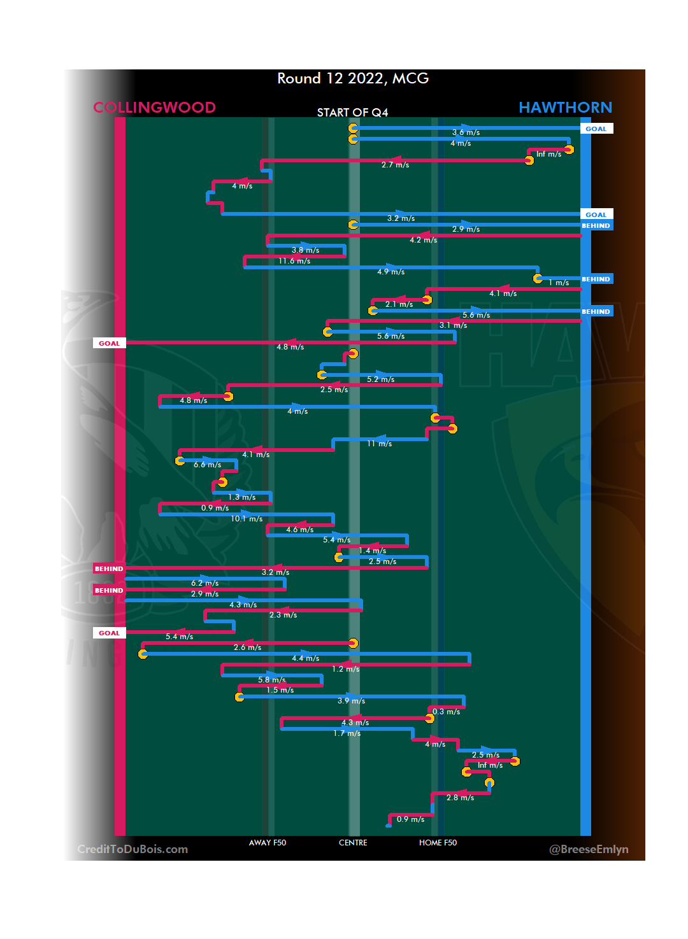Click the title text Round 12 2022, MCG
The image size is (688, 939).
pos(353,78)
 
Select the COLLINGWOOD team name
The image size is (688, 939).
pos(154,108)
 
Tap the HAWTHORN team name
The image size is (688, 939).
pos(565,108)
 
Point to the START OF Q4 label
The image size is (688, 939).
pos(352,113)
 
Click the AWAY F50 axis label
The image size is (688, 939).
pos(268,843)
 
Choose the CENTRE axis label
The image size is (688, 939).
pos(353,843)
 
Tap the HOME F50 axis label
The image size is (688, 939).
pos(438,843)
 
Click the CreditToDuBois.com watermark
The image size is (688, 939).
pos(133,849)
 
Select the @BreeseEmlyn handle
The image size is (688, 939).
pos(589,849)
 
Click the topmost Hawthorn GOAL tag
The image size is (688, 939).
pos(596,129)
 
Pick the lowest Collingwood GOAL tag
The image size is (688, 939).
pos(109,633)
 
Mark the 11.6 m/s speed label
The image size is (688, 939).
pos(294,261)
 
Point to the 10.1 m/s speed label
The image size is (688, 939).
pos(247,519)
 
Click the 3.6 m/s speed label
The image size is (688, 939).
pos(466,132)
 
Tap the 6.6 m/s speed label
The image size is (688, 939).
pos(208,465)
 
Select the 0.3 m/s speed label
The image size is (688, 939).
pos(446,712)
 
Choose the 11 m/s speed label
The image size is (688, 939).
pos(379,444)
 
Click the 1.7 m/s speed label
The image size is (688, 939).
pos(347,733)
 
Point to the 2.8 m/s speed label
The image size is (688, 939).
pos(460,798)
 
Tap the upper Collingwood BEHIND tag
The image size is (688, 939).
pos(109,568)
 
